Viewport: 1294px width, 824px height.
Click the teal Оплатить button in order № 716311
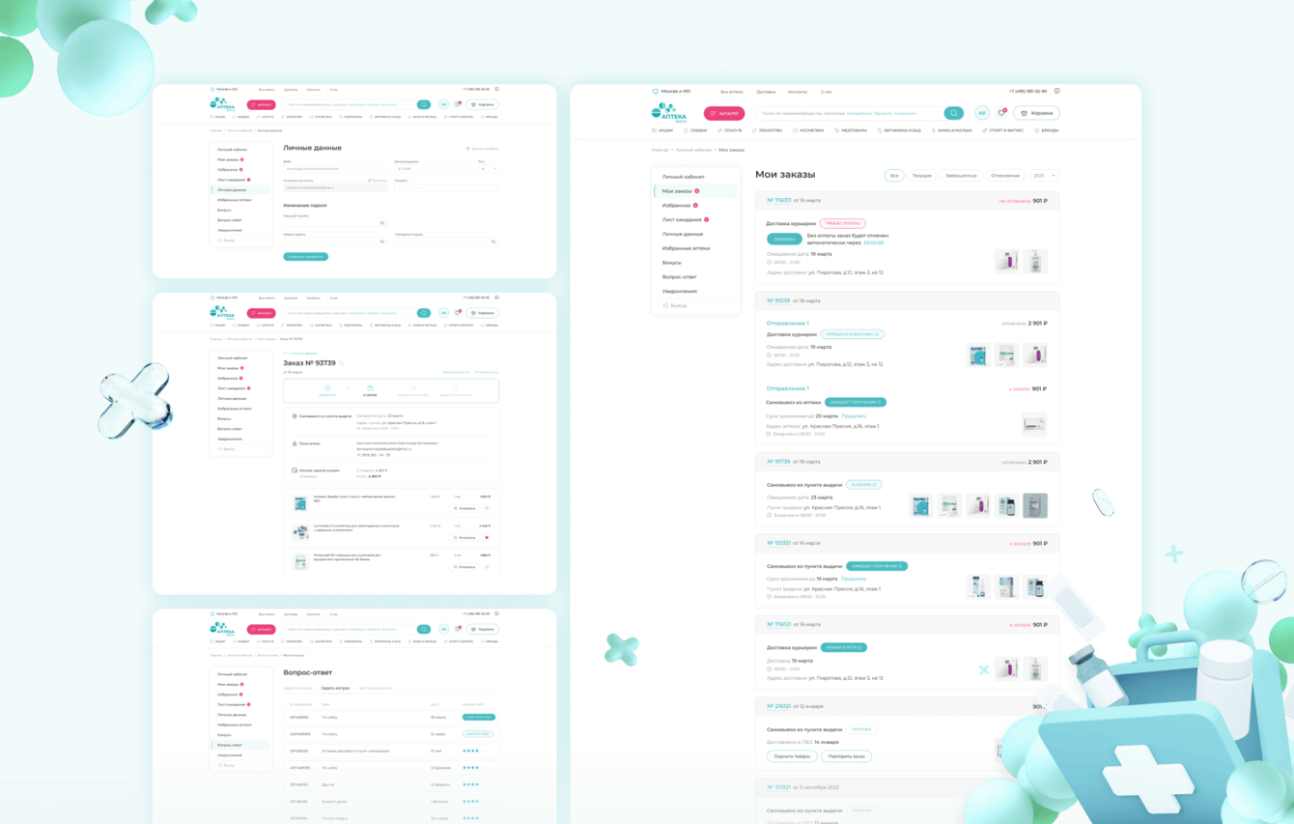784,239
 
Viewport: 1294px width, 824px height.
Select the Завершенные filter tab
961,175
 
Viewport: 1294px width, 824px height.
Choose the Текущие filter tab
921,175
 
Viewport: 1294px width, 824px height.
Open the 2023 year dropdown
1045,175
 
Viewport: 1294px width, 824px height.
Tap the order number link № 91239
778,300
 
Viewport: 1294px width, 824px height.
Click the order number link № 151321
778,543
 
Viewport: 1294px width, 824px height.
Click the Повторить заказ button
847,755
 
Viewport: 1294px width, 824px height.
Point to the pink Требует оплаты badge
843,223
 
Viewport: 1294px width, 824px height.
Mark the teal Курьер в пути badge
845,647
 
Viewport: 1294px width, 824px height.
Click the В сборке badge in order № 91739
863,484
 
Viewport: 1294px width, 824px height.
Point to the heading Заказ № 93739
309,363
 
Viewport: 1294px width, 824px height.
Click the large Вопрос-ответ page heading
307,671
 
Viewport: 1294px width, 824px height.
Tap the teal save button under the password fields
305,257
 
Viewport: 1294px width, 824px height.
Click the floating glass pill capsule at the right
1102,502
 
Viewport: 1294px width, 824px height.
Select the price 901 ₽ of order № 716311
1039,201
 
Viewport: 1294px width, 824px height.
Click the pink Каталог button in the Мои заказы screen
723,113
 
